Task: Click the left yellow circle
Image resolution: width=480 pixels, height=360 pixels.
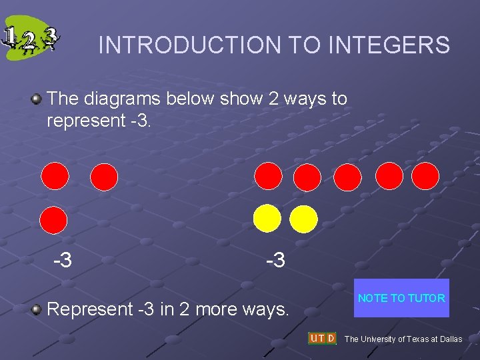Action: pos(268,218)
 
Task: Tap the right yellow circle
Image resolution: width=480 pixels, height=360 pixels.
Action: pos(303,218)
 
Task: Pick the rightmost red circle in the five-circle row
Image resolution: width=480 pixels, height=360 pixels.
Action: pos(425,177)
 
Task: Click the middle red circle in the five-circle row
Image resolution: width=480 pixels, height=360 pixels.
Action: pos(347,177)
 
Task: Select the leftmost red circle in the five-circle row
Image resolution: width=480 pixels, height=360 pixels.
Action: pos(269,177)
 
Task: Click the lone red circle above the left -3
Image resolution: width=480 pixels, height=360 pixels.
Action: pos(54,219)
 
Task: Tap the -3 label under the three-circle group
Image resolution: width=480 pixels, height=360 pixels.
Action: pos(63,260)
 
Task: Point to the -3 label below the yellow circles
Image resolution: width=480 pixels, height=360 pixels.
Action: pos(275,260)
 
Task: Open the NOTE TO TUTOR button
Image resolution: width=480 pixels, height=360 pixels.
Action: pos(401,298)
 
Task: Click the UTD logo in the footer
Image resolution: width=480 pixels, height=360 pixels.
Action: pos(322,338)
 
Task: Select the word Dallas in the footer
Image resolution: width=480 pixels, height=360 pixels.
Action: pos(451,339)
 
